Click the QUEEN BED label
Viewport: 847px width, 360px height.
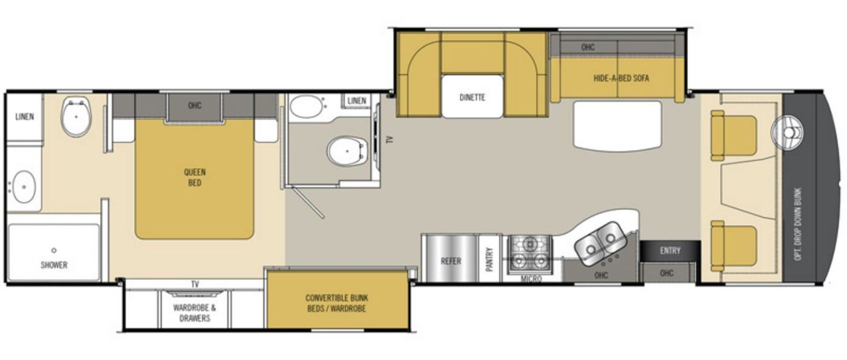195,178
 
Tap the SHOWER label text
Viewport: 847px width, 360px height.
54,265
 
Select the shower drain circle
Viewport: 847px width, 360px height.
54,250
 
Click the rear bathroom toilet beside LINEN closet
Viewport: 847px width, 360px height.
76,116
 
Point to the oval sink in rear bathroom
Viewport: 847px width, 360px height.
24,187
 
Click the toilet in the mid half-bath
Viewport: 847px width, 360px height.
347,151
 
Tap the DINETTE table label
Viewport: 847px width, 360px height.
473,97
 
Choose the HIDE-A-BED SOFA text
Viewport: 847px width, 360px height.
621,78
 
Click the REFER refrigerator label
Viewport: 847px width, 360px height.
451,261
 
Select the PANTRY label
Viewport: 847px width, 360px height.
489,260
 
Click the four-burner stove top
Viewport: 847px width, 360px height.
530,253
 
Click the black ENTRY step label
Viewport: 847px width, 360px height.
670,250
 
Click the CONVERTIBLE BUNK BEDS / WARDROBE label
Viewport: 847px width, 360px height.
336,303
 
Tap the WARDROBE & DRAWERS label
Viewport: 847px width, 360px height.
194,313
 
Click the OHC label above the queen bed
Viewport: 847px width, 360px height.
195,105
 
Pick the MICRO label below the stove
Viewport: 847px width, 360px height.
531,279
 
